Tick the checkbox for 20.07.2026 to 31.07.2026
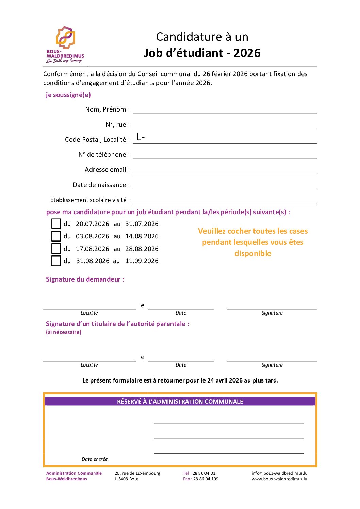[56, 224]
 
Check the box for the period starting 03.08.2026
[56, 236]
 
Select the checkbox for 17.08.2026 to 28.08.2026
[56, 249]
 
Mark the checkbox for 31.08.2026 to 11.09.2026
[56, 261]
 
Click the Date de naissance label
[101, 185]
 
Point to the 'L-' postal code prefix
[141, 137]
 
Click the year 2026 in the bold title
[247, 53]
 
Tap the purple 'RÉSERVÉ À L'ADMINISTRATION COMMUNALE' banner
[180, 401]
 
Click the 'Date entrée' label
[95, 459]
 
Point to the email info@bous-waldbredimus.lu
[279, 473]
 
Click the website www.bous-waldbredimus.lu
[279, 479]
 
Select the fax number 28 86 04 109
[206, 479]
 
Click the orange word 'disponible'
[253, 253]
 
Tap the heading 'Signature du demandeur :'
[85, 279]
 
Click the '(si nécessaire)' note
[64, 332]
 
